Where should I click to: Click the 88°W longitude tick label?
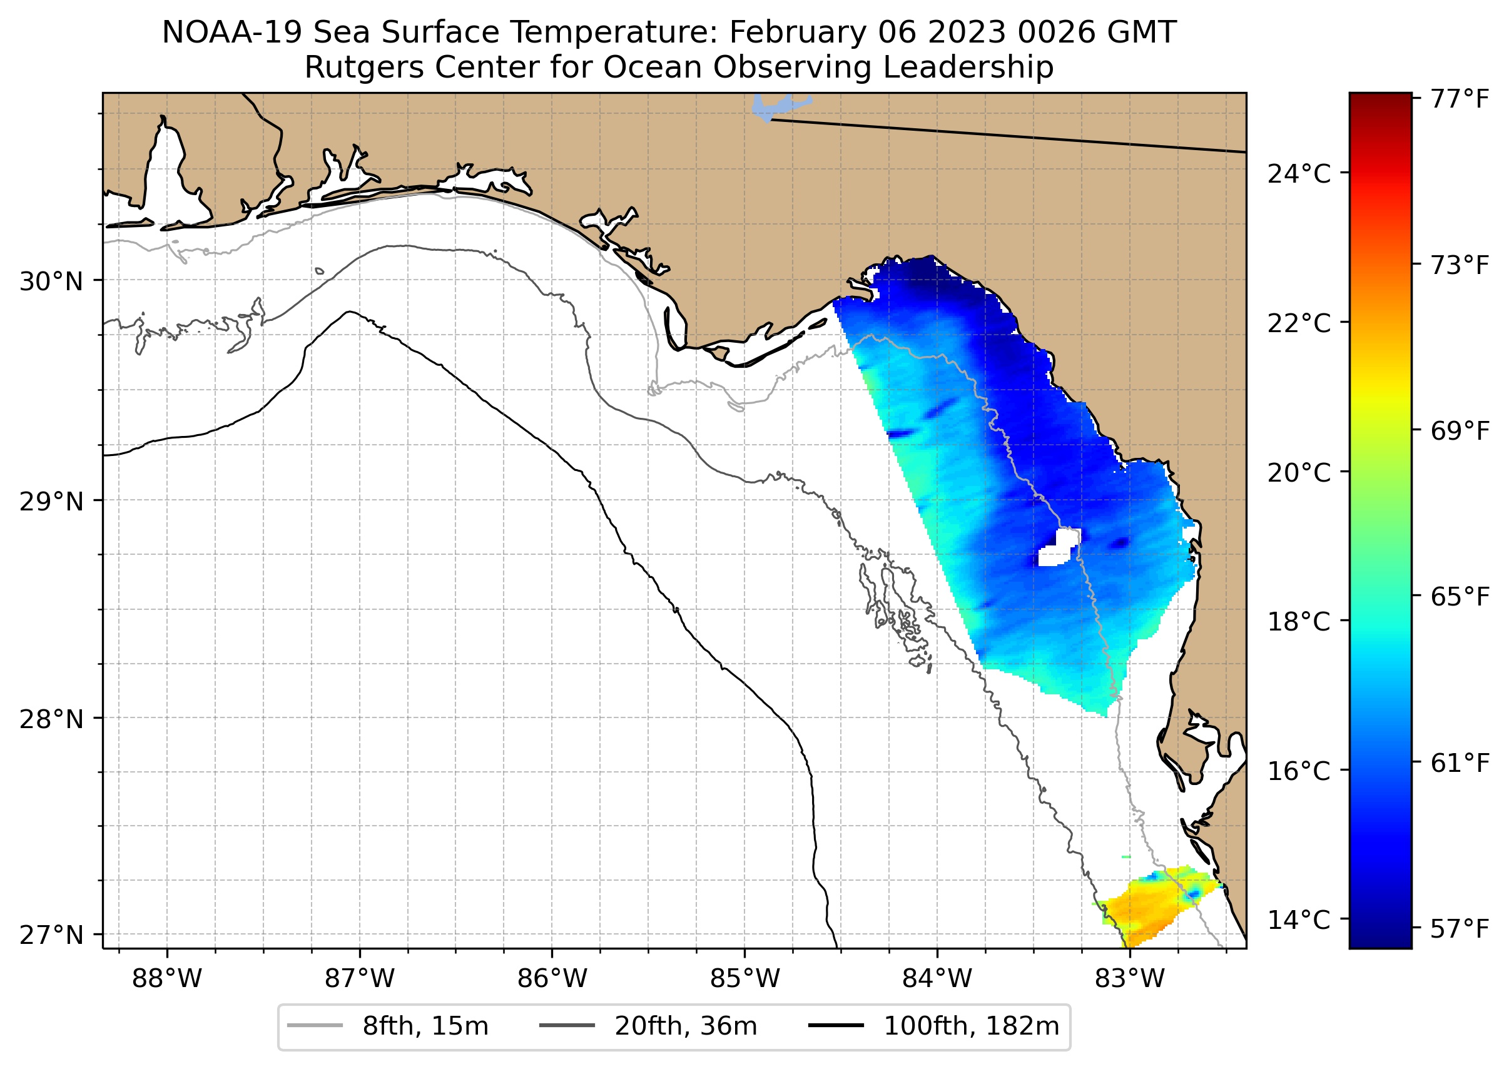click(x=166, y=979)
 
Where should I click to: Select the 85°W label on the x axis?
click(x=744, y=979)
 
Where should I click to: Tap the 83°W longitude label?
click(x=1130, y=979)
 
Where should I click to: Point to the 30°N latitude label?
click(x=51, y=281)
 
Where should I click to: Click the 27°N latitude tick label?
click(x=51, y=935)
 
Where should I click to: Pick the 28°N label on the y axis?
click(x=51, y=719)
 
